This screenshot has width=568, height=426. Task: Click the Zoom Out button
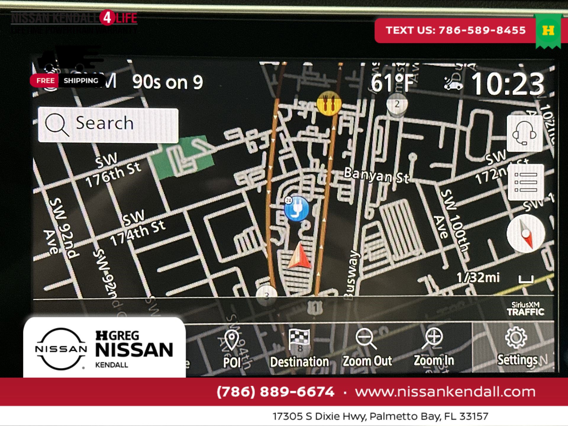pos(367,348)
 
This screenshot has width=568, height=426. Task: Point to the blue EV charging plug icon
pos(296,209)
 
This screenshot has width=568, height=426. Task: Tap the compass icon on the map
pos(526,234)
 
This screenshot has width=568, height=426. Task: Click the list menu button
pos(526,182)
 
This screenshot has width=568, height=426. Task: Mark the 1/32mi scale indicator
pos(478,277)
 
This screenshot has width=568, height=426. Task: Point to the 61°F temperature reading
pos(392,83)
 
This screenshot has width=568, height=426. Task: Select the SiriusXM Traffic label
pos(525,309)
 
